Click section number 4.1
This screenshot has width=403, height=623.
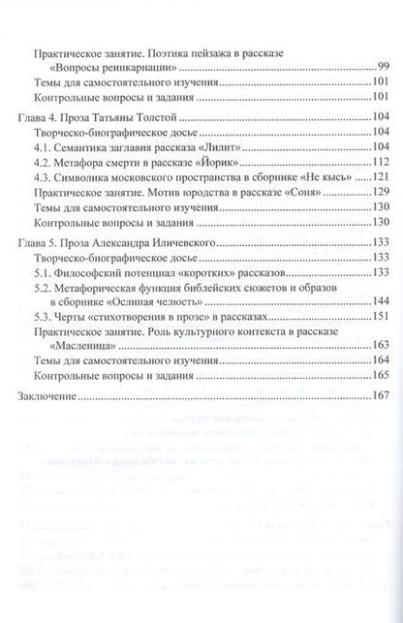click(x=43, y=146)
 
